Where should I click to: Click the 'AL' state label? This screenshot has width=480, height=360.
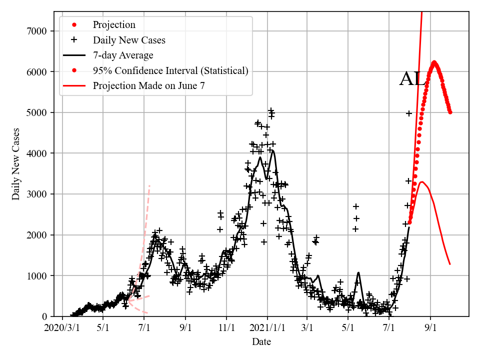point(412,79)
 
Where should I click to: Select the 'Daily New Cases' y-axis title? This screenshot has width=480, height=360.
point(16,163)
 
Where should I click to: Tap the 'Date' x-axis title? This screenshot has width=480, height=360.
point(261,342)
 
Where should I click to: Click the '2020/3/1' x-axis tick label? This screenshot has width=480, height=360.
point(61,328)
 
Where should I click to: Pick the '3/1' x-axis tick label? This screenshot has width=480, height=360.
point(307,328)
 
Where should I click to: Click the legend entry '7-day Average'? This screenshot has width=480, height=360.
point(123,55)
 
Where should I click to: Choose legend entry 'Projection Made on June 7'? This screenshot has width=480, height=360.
point(148,86)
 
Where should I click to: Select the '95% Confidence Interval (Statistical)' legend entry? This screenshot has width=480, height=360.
point(170,70)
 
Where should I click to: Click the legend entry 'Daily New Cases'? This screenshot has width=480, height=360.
point(129,40)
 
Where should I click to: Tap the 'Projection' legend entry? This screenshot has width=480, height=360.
point(114,24)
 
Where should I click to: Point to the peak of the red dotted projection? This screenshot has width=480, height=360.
point(434,62)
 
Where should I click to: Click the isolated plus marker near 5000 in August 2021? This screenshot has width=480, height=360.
point(409,113)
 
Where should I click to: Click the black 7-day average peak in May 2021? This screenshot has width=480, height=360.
point(358,272)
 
